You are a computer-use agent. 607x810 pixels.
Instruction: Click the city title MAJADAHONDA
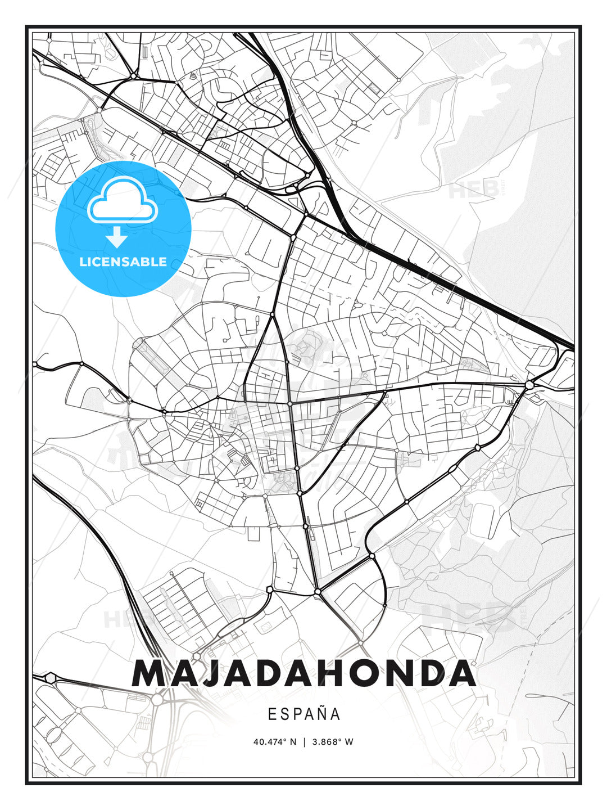click(303, 673)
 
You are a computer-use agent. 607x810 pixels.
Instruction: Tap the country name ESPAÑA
click(303, 714)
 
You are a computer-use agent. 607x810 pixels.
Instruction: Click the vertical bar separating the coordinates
click(304, 741)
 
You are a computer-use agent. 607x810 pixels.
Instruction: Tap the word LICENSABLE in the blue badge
click(123, 262)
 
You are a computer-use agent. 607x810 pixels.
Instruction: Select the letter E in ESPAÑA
click(272, 714)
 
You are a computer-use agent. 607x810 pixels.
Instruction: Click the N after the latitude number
click(293, 741)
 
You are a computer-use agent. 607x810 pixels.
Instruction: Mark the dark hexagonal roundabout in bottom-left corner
click(51, 678)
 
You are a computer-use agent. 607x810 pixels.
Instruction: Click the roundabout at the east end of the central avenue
click(529, 385)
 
